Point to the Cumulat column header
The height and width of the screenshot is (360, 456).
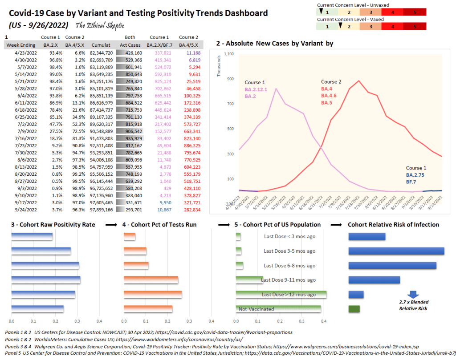[x=101, y=45]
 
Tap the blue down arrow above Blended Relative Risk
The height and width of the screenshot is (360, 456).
[x=413, y=294]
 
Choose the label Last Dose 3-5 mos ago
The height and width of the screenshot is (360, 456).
[x=289, y=251]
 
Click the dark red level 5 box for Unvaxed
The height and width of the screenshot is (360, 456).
[x=414, y=12]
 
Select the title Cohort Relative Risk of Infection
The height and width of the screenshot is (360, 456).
[x=393, y=225]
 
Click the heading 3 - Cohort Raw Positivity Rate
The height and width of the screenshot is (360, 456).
[x=53, y=225]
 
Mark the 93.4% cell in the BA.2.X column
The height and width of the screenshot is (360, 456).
[x=49, y=53]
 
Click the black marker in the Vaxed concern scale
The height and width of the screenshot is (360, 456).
[x=340, y=25]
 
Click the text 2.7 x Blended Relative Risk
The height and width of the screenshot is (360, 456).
[x=414, y=305]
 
